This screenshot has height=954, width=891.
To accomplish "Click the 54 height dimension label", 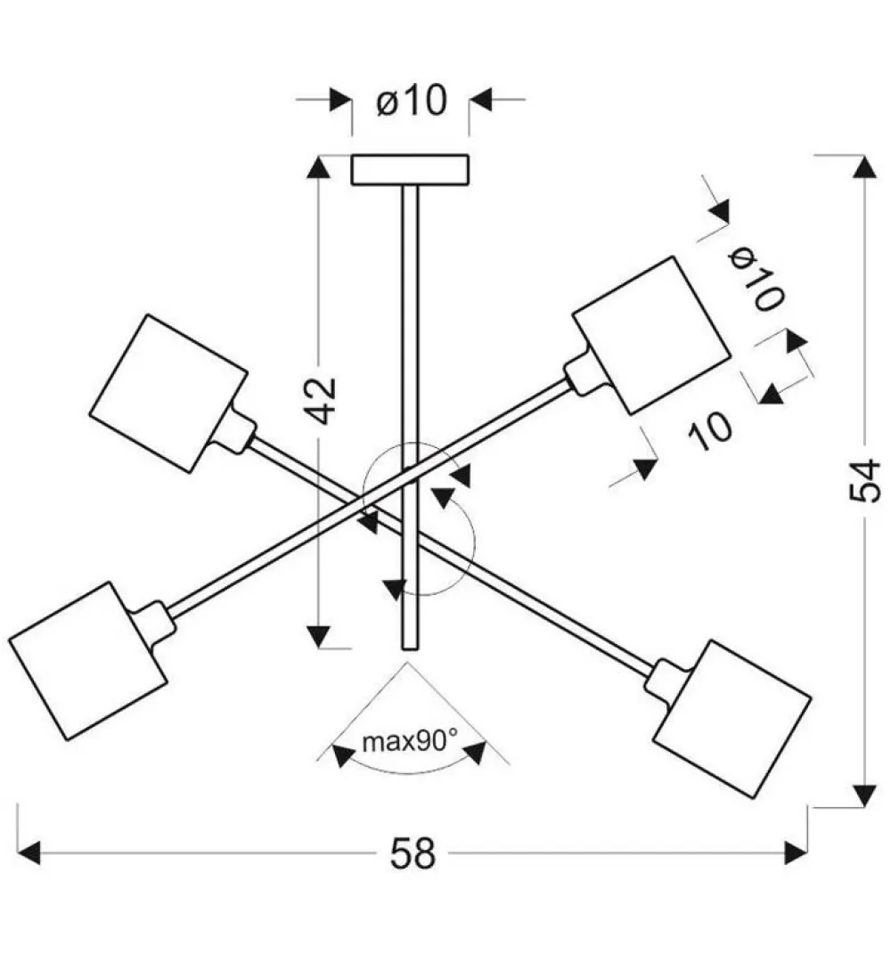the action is point(865,481).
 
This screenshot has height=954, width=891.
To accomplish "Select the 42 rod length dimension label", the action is point(320,400).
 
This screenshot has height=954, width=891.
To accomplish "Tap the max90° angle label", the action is point(410,742).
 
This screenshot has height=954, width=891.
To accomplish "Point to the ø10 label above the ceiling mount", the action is point(412,101).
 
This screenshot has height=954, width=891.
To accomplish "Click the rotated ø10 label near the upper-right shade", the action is point(756,280).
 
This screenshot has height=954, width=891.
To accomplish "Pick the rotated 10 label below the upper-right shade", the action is point(710,431).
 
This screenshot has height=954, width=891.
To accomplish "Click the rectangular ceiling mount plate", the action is point(410,170).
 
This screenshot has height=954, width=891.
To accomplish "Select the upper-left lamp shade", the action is point(168,393).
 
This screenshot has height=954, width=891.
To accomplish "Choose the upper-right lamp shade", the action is point(650,336).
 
